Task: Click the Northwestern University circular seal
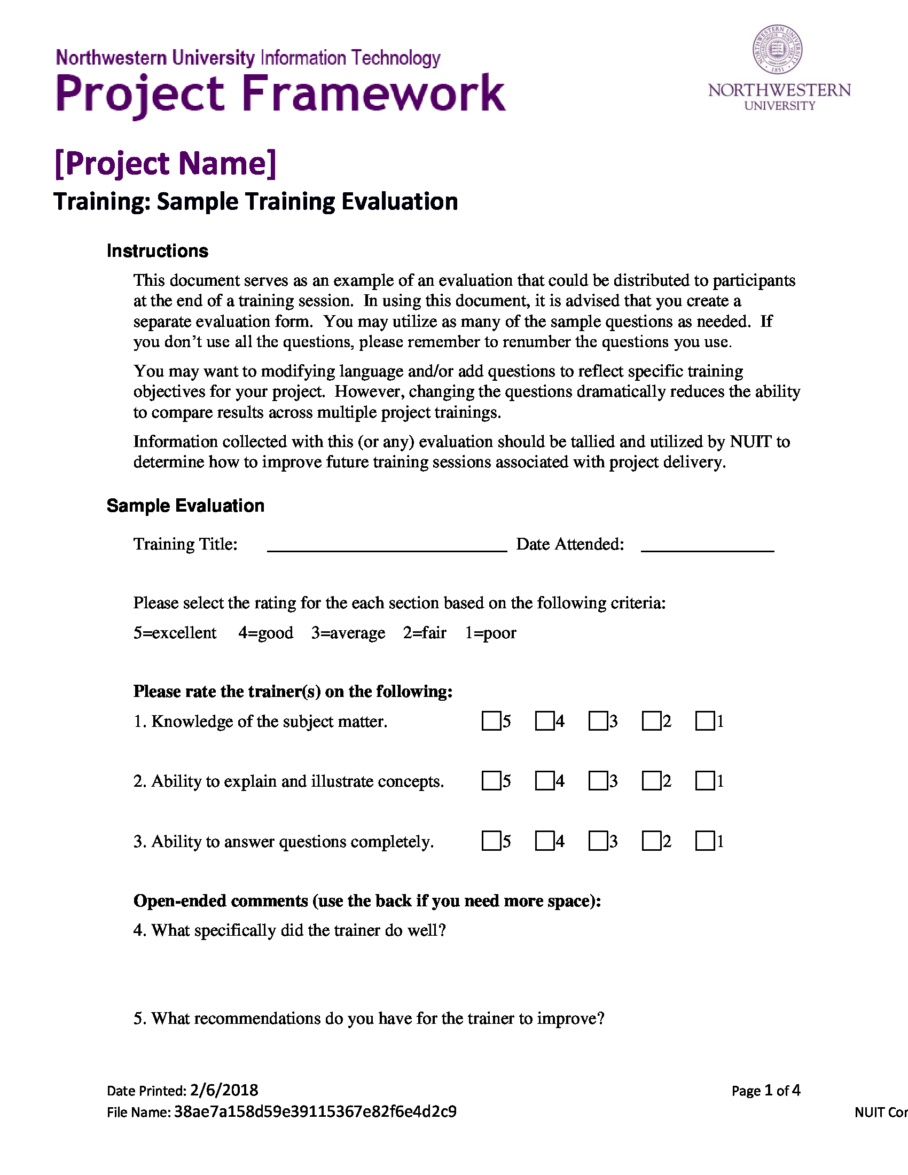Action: pyautogui.click(x=777, y=50)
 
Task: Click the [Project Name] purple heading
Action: pyautogui.click(x=166, y=163)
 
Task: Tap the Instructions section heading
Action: pyautogui.click(x=157, y=251)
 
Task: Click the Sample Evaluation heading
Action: pyautogui.click(x=185, y=506)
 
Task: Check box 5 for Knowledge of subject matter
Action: pyautogui.click(x=490, y=721)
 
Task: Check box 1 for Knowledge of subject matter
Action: pyautogui.click(x=704, y=721)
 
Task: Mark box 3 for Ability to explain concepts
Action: pyautogui.click(x=598, y=781)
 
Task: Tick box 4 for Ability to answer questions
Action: pyautogui.click(x=544, y=841)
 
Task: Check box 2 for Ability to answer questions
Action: pyautogui.click(x=651, y=841)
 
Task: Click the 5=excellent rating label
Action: pyautogui.click(x=175, y=633)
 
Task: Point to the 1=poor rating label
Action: pyautogui.click(x=490, y=633)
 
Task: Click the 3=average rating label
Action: pyautogui.click(x=348, y=633)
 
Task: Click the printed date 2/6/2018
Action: pyautogui.click(x=224, y=1091)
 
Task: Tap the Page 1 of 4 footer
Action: pyautogui.click(x=765, y=1091)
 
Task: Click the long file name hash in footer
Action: pyautogui.click(x=315, y=1111)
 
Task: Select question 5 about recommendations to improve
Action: pyautogui.click(x=369, y=1019)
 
